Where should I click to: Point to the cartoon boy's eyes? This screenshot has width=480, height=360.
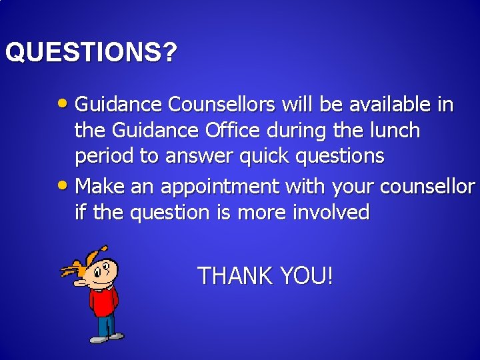pos(102,269)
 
